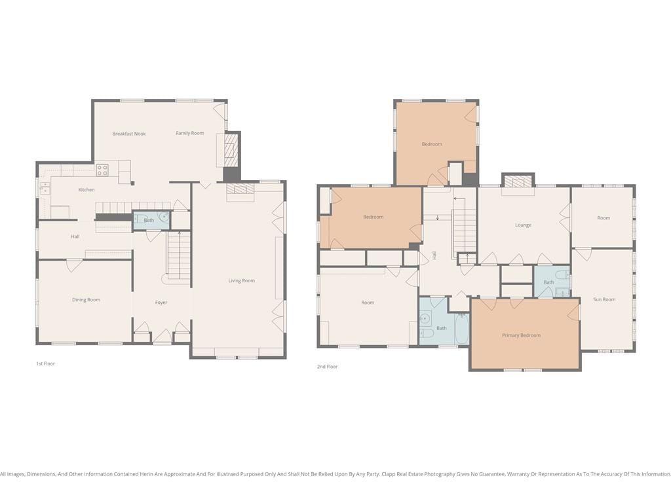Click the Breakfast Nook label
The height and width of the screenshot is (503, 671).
coord(129,134)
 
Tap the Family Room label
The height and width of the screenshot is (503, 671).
coord(189,133)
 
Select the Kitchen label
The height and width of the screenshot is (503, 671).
coord(86,189)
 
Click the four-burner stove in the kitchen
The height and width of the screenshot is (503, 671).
coord(102,170)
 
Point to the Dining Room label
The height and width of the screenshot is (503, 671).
coord(86,300)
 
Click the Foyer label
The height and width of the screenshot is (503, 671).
coord(161,303)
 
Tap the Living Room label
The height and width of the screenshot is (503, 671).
coord(241,280)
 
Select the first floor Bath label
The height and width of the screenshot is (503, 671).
coord(149,220)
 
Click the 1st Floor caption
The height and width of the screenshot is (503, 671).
coord(45,363)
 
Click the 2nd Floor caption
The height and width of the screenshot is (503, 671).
coord(328,367)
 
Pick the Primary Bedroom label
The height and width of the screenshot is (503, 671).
coord(521,335)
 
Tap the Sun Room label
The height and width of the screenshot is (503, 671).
coord(604,299)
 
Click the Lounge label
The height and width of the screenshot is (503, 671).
coord(523,225)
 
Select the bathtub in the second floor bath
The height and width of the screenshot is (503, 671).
coord(462,329)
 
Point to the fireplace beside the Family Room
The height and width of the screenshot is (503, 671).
coord(231,151)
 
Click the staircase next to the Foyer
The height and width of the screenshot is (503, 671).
coord(178,255)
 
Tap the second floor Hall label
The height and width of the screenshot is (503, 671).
coord(434,255)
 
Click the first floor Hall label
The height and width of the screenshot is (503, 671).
coord(75,236)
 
